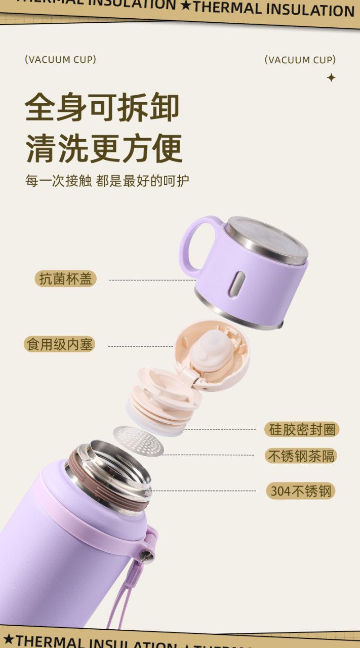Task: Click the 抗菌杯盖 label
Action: (x=65, y=279)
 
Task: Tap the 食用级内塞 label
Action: (x=60, y=344)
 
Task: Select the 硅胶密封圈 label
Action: (x=302, y=429)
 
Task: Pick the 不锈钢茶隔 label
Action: (x=301, y=456)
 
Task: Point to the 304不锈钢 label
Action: (x=301, y=491)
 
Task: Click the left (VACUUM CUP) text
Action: (x=60, y=60)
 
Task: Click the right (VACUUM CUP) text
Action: (x=300, y=60)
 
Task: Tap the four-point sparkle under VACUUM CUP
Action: (x=331, y=77)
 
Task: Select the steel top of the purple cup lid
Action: (x=266, y=240)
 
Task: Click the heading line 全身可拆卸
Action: (x=102, y=107)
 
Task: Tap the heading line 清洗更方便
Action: (x=104, y=149)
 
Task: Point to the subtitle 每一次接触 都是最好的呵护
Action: (x=107, y=181)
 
